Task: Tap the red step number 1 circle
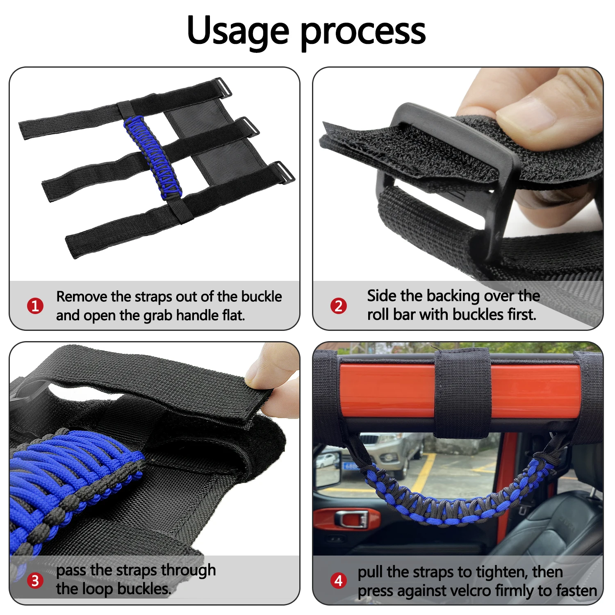[x=35, y=306]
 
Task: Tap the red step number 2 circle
[x=339, y=306]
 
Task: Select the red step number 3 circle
[x=35, y=581]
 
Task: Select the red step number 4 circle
[x=339, y=581]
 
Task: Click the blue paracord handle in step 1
[x=153, y=158]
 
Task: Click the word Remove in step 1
[x=81, y=296]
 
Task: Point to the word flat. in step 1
[x=233, y=315]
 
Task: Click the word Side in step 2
[x=382, y=296]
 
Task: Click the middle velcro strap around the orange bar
[x=462, y=394]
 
